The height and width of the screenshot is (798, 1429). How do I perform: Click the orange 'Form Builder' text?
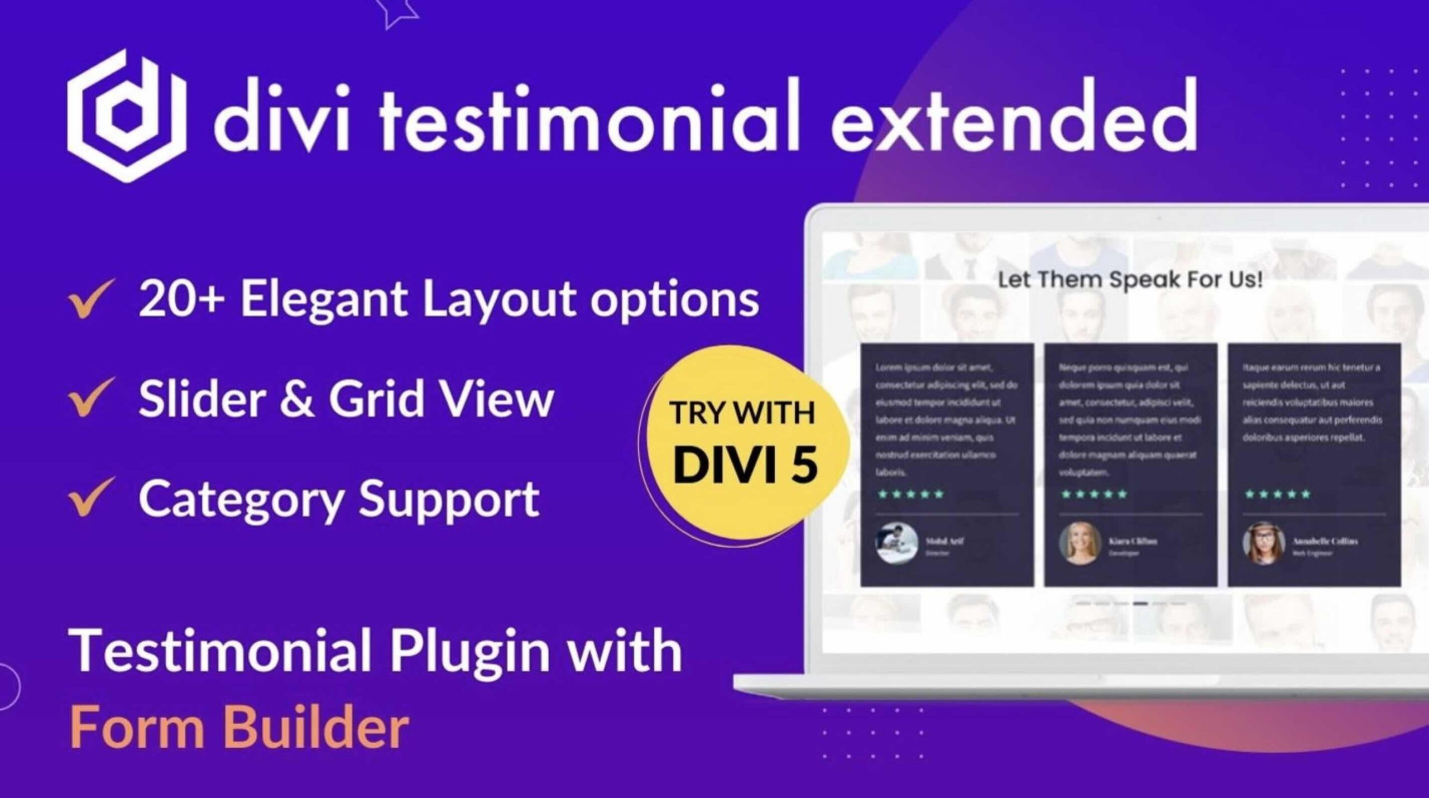point(239,727)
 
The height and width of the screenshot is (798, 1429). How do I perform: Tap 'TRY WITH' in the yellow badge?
point(742,413)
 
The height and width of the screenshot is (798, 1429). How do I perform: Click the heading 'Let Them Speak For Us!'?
point(1130,279)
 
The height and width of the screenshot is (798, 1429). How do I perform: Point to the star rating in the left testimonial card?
point(911,494)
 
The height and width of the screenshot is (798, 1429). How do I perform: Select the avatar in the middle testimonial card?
point(1079,542)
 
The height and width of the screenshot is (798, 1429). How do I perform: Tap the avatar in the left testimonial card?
point(897,542)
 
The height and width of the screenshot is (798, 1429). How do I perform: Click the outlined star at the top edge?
point(395,10)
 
